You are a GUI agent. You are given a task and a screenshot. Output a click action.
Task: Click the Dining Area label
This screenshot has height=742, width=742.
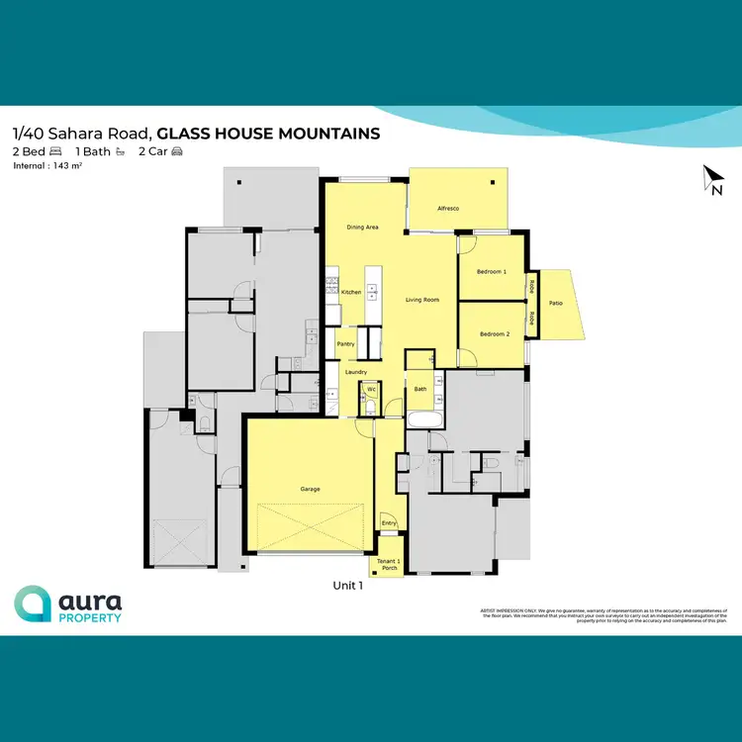362,228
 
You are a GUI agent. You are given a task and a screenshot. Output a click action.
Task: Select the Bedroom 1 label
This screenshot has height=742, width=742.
492,271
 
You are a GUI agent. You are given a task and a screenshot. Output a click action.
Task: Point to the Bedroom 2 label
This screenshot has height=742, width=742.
494,334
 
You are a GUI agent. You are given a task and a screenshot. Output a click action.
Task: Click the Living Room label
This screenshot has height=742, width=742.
422,300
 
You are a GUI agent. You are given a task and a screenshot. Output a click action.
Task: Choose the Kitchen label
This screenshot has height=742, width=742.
351,293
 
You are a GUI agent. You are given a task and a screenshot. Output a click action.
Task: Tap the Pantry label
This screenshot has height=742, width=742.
345,344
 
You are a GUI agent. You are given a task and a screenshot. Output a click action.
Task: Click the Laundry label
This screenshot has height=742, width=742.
356,371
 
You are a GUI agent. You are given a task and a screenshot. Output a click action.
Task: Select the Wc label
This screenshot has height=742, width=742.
371,390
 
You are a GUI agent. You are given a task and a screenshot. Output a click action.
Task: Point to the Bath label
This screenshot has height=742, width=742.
420,390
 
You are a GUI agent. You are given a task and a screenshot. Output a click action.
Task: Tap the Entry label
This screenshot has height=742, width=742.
389,522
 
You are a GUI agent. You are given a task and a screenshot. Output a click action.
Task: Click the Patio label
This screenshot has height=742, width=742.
557,303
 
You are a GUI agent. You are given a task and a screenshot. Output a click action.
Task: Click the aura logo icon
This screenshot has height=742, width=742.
33,603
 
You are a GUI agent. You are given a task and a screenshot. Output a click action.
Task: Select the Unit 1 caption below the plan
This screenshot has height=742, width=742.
348,586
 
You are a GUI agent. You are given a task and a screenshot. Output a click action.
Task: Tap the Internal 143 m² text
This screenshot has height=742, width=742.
47,166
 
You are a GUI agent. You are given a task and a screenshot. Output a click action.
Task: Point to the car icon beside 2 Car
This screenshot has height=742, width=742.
177,151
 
